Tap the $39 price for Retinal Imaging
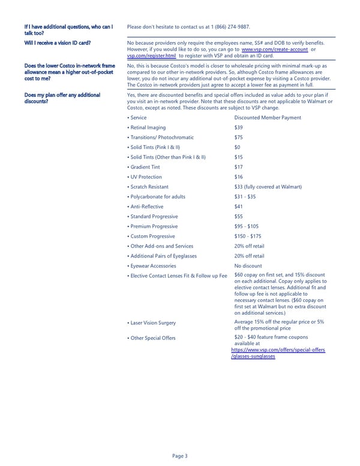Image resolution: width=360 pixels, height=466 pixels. tap(239, 128)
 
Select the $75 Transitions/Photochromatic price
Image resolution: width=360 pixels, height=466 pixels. tap(239, 138)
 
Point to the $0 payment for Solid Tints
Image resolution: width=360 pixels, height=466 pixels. tap(238, 147)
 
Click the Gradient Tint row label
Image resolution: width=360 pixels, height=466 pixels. tap(144, 167)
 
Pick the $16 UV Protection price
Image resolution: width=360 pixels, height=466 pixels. tap(239, 177)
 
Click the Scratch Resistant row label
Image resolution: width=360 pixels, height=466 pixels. tap(148, 187)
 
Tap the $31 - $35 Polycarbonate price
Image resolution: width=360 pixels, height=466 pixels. tap(245, 196)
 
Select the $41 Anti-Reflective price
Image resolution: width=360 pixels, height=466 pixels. tap(239, 207)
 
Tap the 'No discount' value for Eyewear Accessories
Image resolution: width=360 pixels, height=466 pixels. tap(248, 265)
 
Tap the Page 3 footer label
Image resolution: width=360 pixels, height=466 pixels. tap(180, 456)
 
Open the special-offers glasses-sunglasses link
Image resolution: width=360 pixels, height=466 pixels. tap(278, 353)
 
